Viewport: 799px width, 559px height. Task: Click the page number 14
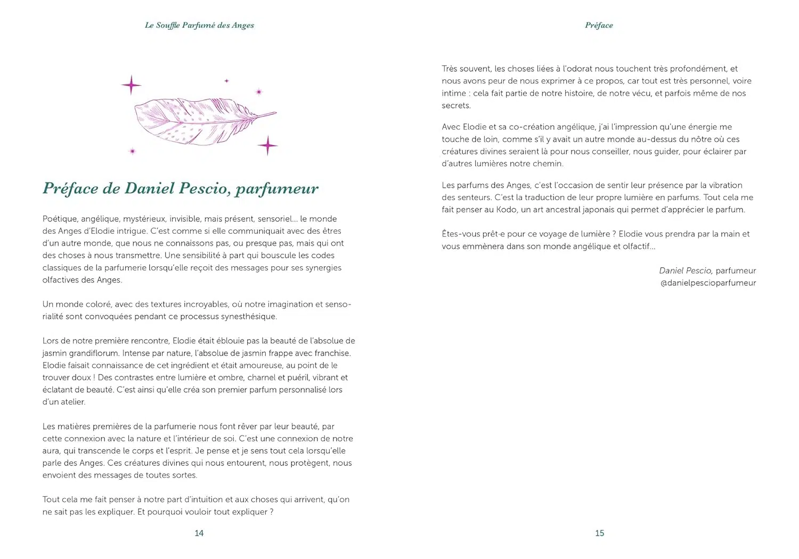click(199, 533)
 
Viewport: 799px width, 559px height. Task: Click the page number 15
click(600, 533)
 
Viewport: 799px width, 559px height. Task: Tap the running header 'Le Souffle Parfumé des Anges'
click(199, 25)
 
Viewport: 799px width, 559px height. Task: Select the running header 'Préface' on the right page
click(599, 25)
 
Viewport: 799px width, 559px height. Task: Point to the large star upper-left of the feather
click(131, 85)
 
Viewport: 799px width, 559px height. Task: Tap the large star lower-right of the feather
click(267, 145)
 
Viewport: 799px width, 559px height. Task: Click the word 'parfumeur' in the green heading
click(277, 189)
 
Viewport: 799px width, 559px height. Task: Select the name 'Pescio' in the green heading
click(205, 188)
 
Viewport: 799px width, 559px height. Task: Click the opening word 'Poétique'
click(60, 219)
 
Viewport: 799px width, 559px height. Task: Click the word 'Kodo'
click(506, 209)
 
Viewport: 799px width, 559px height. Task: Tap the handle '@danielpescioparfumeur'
click(708, 283)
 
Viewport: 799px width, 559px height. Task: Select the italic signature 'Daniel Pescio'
click(685, 270)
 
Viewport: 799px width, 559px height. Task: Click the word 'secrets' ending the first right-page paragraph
click(455, 105)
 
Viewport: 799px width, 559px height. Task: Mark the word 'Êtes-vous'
click(461, 234)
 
